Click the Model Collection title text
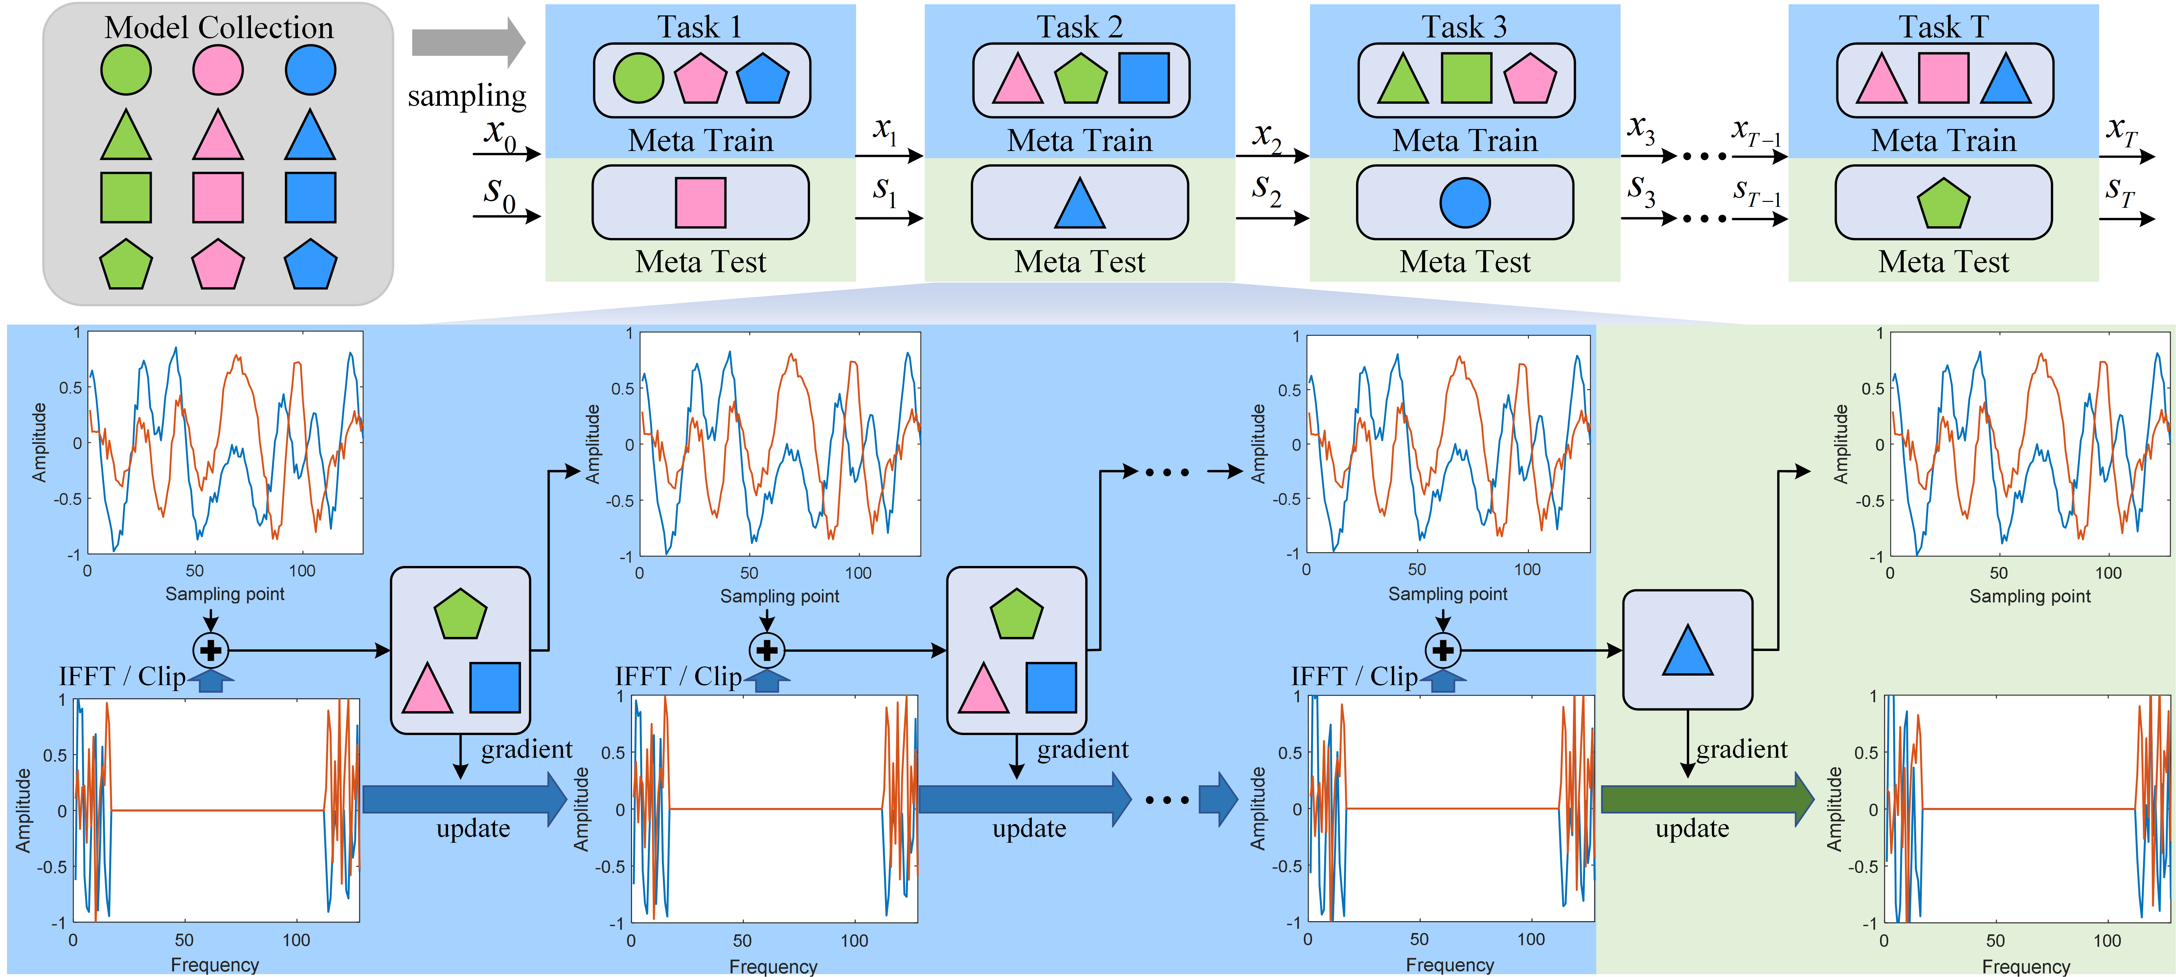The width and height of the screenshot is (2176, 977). [x=219, y=28]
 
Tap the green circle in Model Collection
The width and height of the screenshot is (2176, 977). [x=126, y=70]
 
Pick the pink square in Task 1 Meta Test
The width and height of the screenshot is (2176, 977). [x=700, y=203]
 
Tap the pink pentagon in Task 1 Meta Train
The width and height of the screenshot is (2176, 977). [x=700, y=79]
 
